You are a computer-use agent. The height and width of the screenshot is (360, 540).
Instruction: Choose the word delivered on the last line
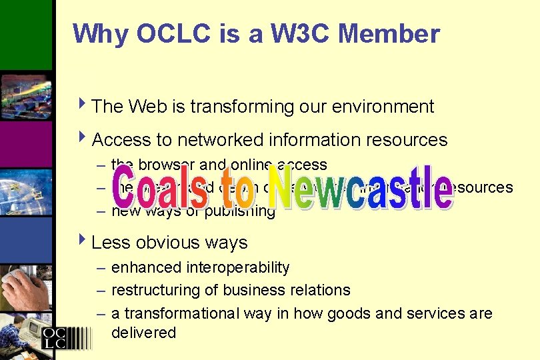143,333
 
